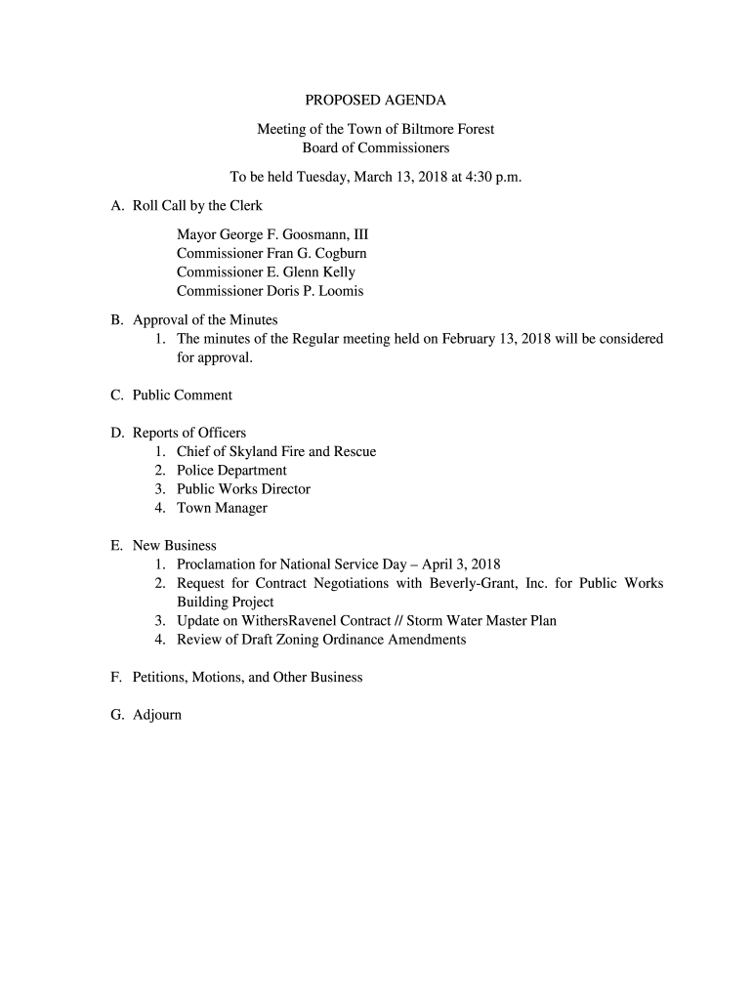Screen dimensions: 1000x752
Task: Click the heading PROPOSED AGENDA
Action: [x=375, y=100]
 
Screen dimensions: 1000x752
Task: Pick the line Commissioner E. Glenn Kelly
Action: [x=266, y=272]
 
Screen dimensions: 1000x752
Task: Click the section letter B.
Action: [x=116, y=319]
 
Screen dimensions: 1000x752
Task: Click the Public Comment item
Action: [x=182, y=396]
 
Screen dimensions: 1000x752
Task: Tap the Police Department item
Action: [x=231, y=471]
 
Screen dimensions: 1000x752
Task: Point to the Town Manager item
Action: [x=222, y=508]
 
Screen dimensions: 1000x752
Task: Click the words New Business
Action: [x=174, y=546]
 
